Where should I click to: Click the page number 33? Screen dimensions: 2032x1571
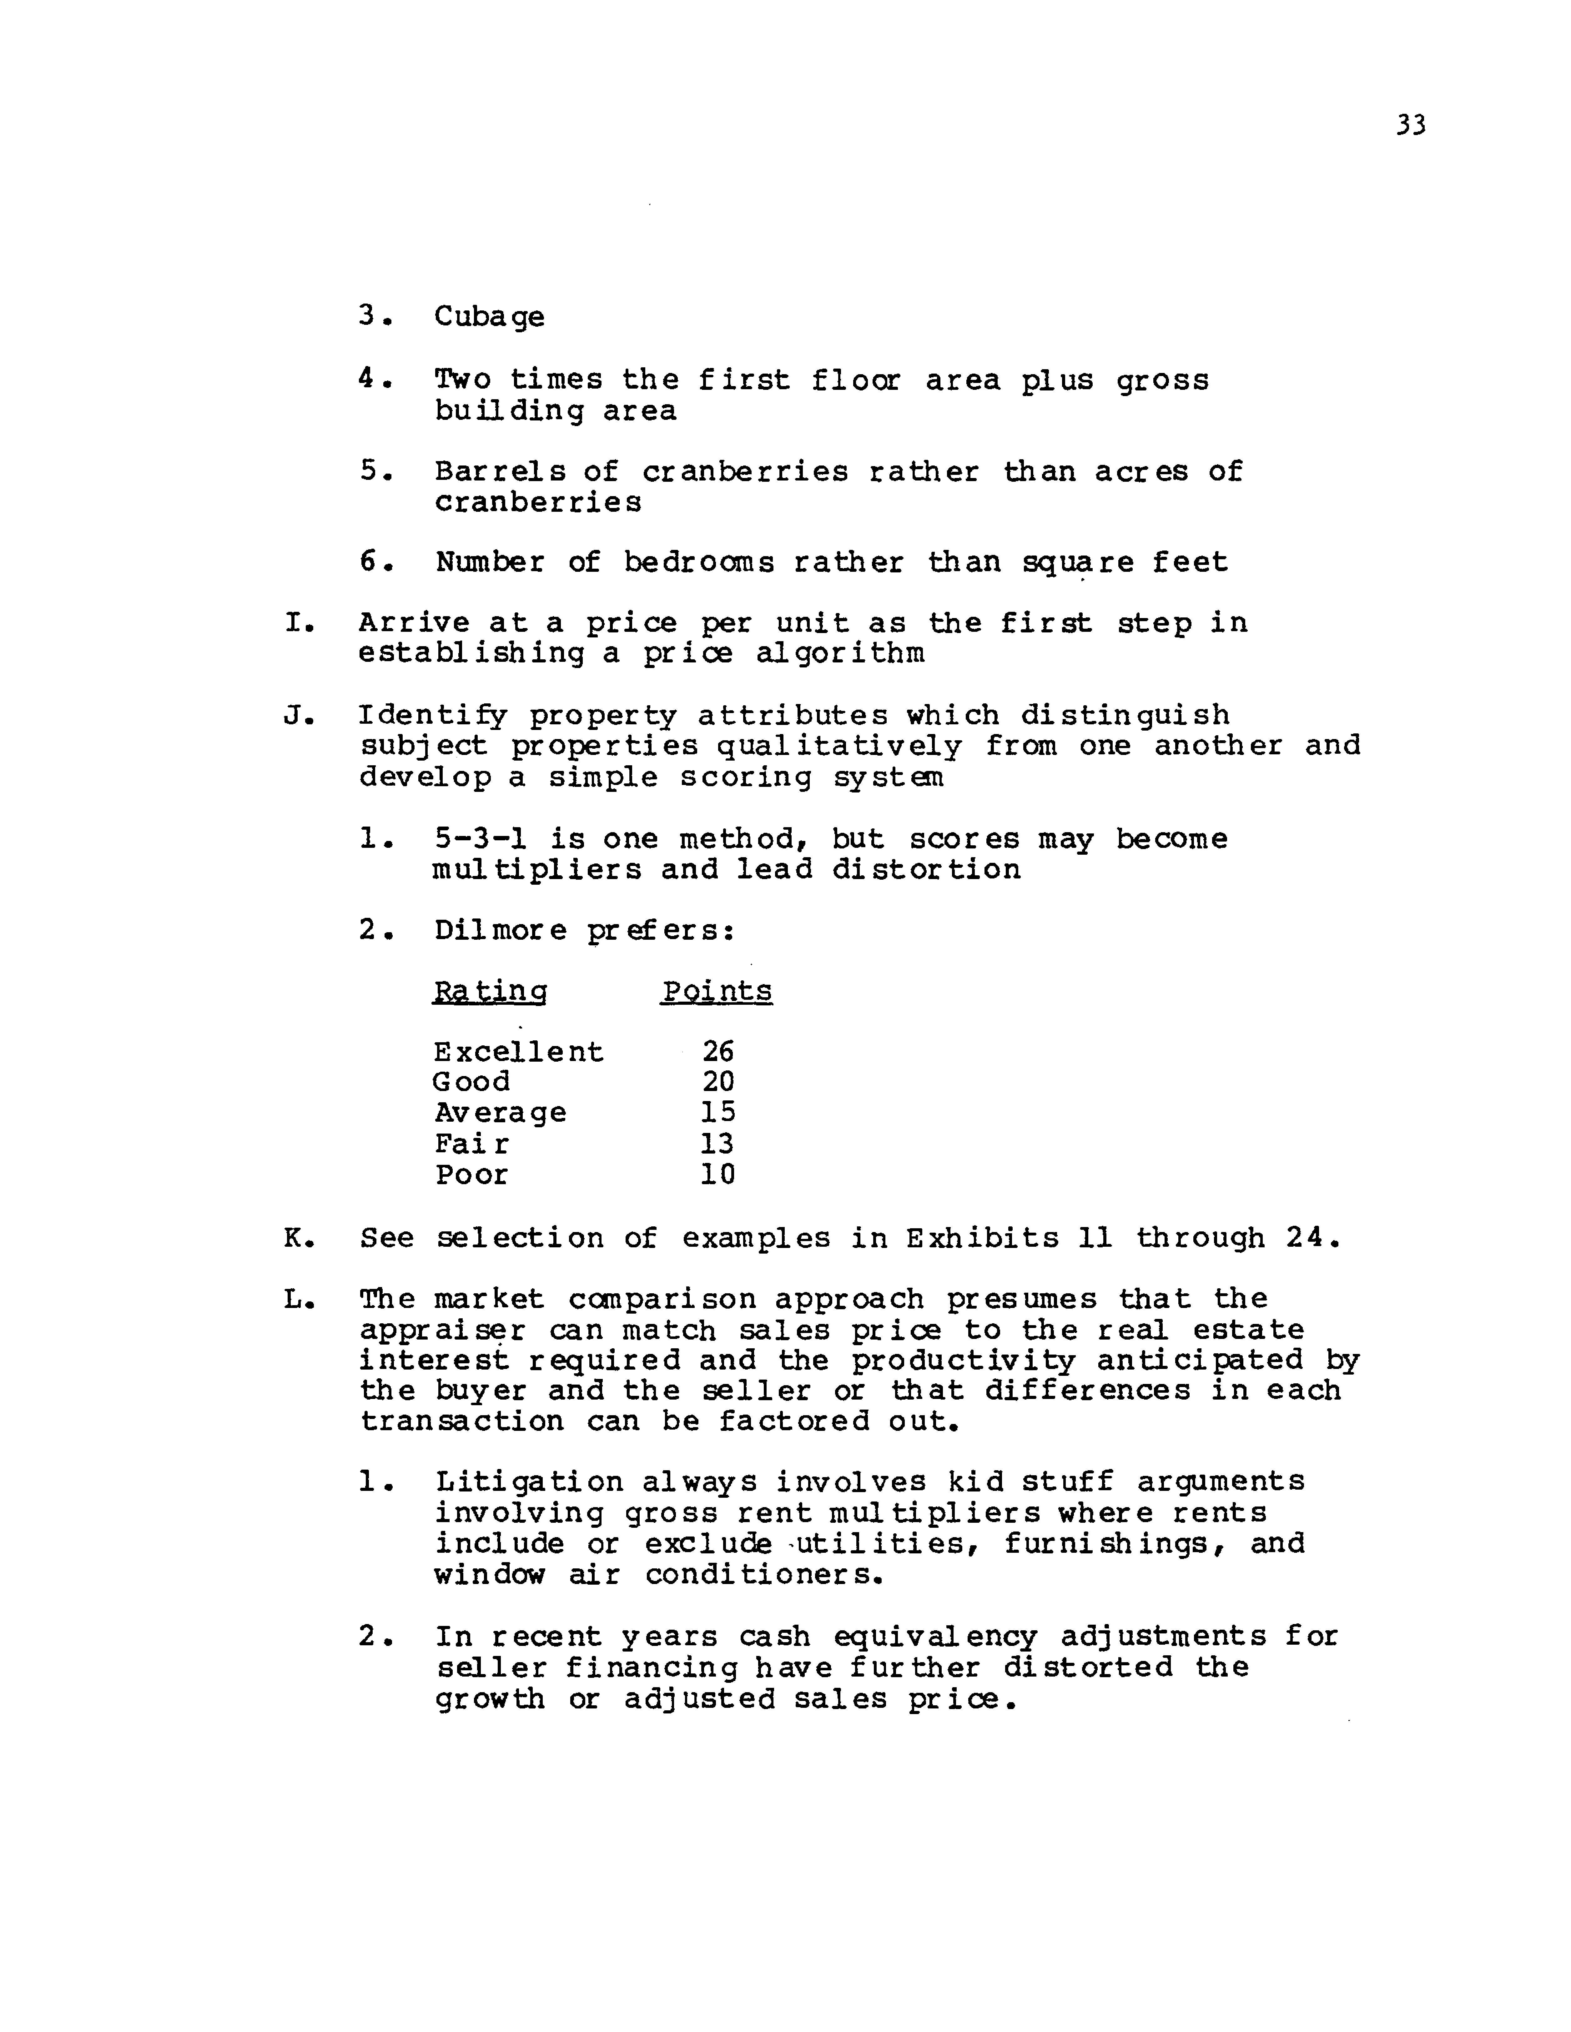1410,126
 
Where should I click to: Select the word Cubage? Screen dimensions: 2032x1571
490,317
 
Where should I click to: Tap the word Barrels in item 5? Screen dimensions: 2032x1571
500,472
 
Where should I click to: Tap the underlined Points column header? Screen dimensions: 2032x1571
717,992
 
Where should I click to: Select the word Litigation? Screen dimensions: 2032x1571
529,1481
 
